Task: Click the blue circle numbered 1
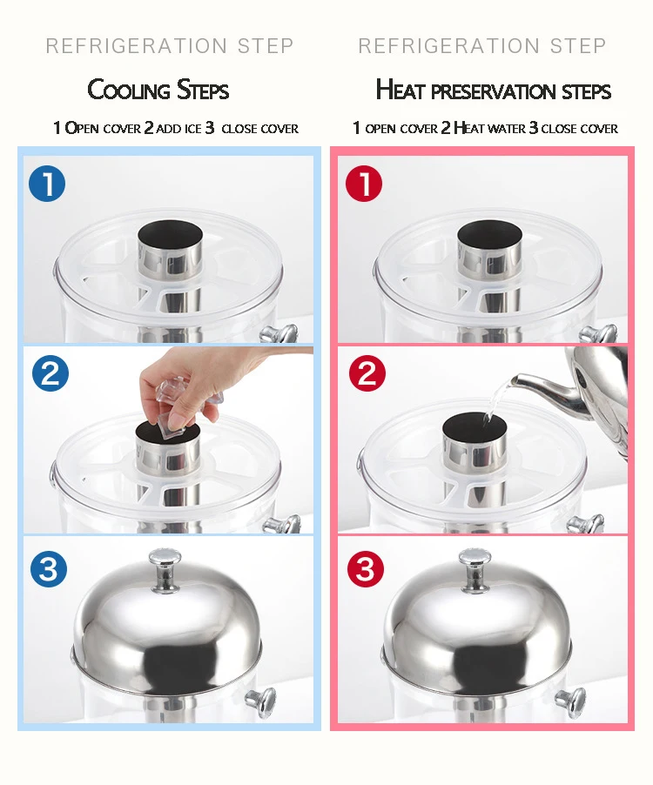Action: pyautogui.click(x=47, y=184)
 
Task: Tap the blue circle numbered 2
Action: pyautogui.click(x=50, y=373)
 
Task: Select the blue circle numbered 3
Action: pyautogui.click(x=49, y=568)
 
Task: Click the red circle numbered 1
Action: pyautogui.click(x=364, y=184)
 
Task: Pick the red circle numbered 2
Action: pyautogui.click(x=367, y=373)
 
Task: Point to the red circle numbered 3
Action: pyautogui.click(x=366, y=568)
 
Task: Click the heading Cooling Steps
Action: pyautogui.click(x=158, y=91)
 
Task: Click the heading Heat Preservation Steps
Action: pyautogui.click(x=494, y=91)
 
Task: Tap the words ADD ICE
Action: pyautogui.click(x=178, y=129)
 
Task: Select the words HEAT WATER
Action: pyautogui.click(x=489, y=128)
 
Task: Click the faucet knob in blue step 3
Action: pyautogui.click(x=261, y=701)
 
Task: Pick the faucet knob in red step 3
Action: pyautogui.click(x=571, y=701)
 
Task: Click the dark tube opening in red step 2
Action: pyautogui.click(x=475, y=426)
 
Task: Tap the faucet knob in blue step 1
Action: pyautogui.click(x=279, y=333)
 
